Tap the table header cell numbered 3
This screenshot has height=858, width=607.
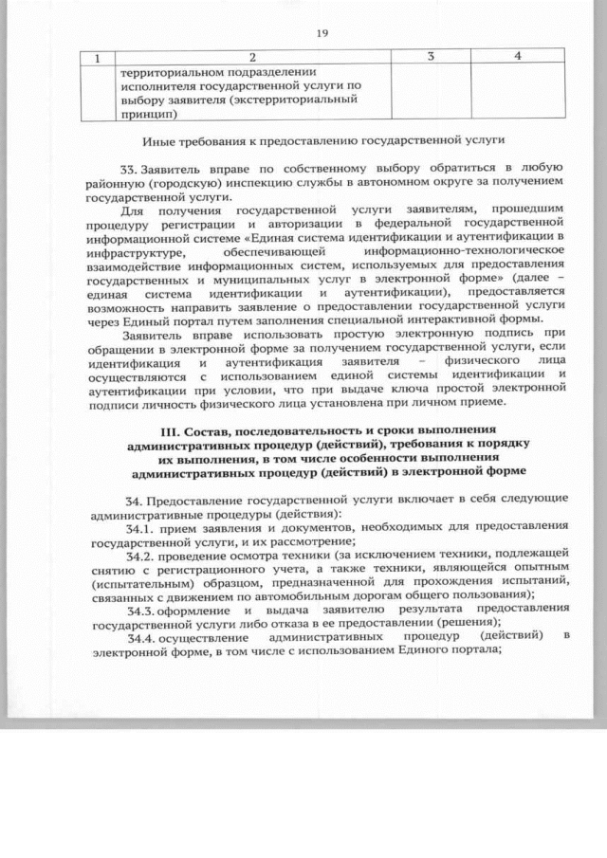tap(430, 58)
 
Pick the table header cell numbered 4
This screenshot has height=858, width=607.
tap(517, 58)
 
